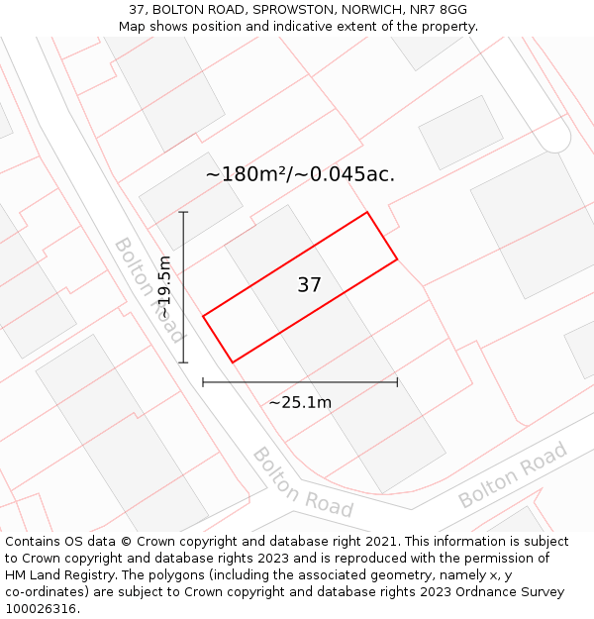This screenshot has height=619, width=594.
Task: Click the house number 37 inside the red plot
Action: pos(309,285)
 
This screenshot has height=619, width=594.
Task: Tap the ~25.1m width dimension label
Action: pos(300,402)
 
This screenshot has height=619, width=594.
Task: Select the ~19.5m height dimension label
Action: pos(165,287)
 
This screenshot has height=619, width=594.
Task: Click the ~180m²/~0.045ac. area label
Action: pos(300,174)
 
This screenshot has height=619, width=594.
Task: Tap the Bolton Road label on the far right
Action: pos(513,475)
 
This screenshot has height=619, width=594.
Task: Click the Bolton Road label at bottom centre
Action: pos(302,482)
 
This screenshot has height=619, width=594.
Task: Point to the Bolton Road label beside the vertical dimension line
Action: pos(148,289)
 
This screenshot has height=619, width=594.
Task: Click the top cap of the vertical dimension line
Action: pos(183,212)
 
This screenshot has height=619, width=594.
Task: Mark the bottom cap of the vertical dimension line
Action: pos(183,362)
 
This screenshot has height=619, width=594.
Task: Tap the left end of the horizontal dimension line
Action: pos(203,381)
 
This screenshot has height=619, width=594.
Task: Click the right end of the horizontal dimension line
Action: pos(397,381)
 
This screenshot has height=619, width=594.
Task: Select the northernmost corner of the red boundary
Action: pos(367,212)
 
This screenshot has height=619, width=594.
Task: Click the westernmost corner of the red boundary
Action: pos(203,316)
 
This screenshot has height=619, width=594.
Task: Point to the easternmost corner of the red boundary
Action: pos(397,259)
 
